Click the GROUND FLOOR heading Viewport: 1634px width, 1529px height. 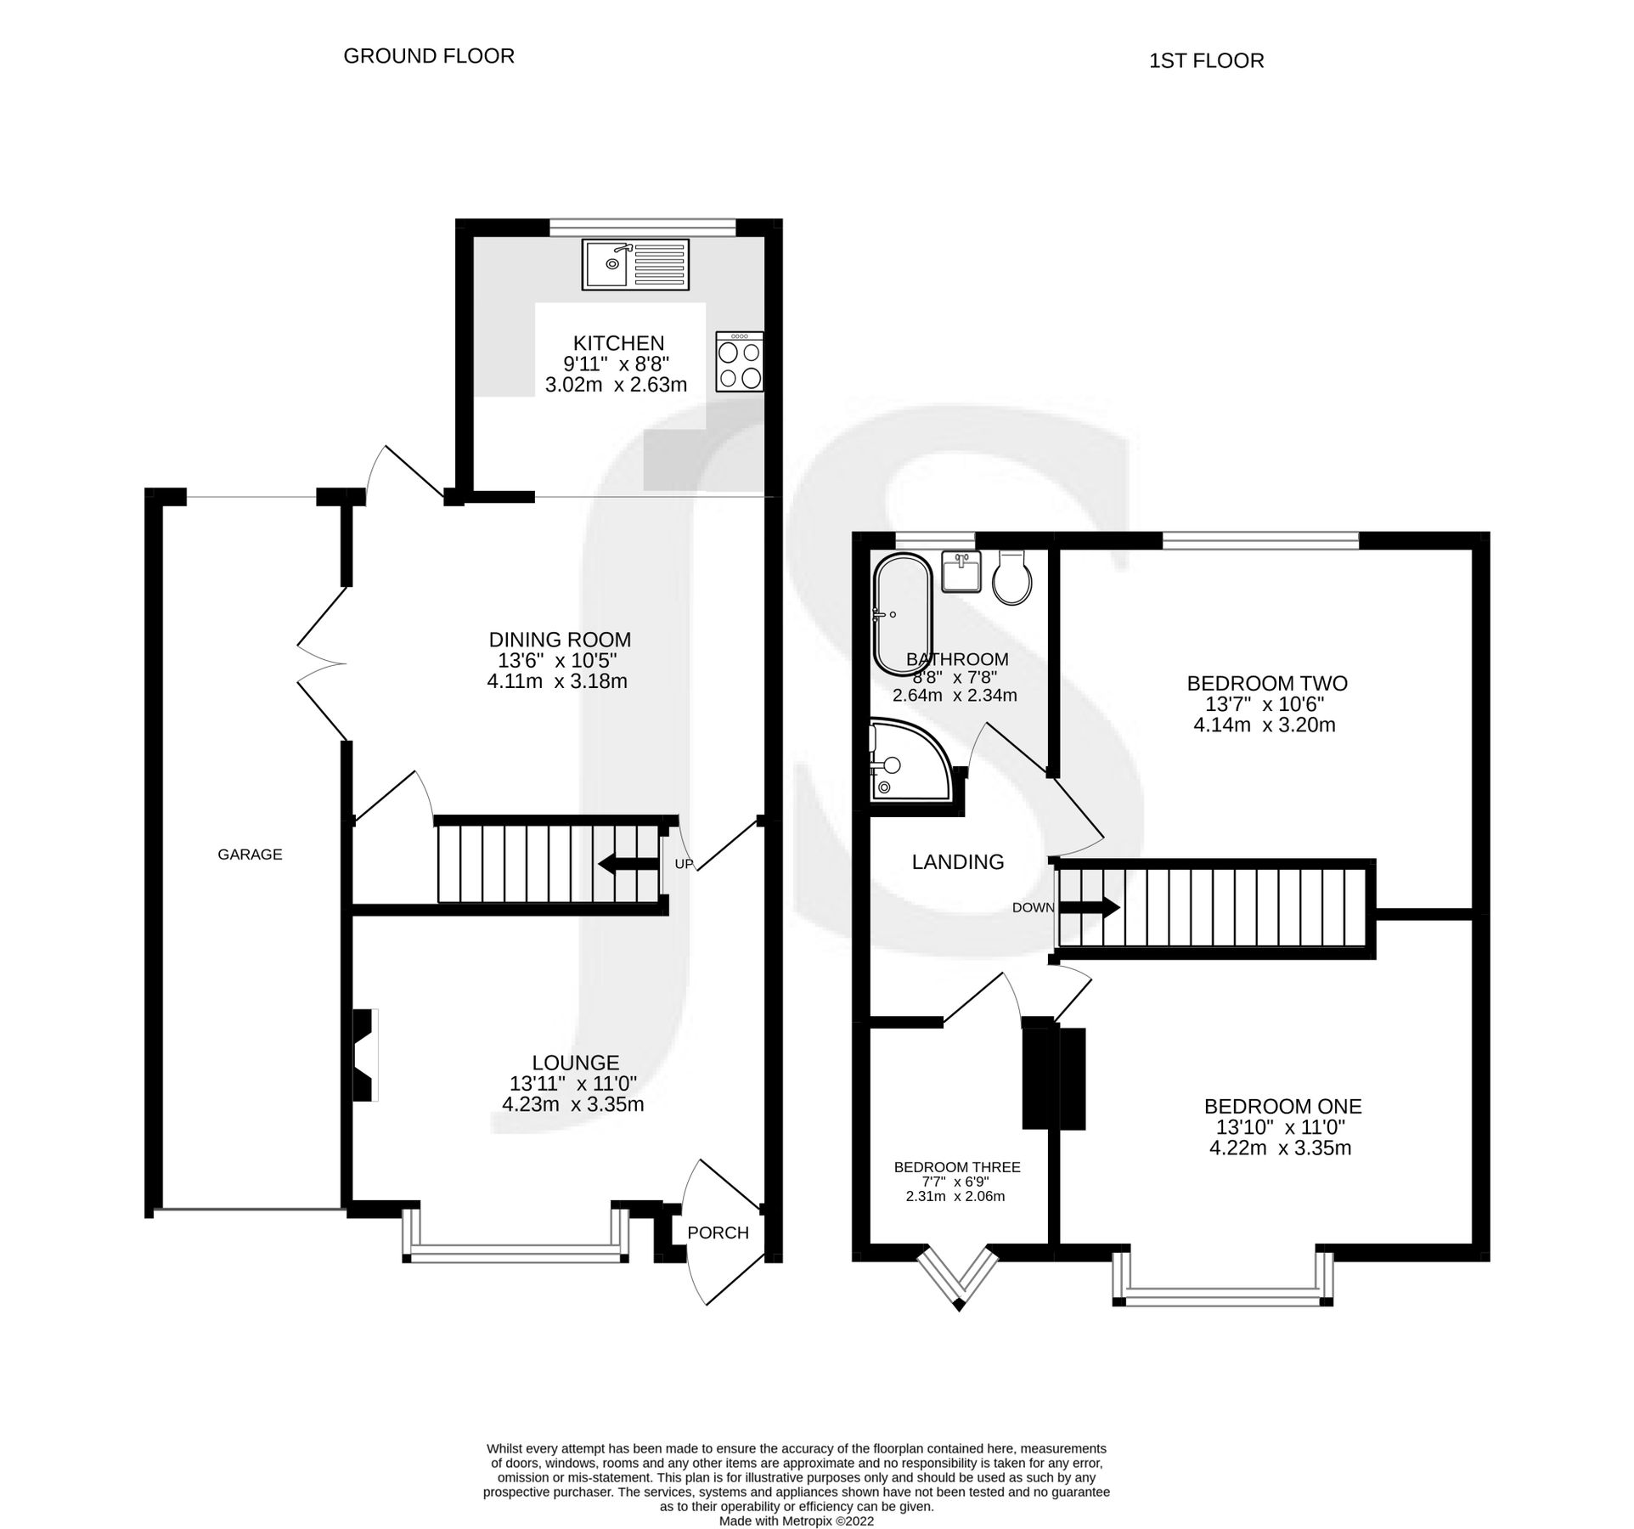[x=429, y=56]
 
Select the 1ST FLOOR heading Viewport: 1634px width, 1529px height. [x=1206, y=61]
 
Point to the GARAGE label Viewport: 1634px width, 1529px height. [x=250, y=855]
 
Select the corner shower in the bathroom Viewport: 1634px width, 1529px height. [x=905, y=762]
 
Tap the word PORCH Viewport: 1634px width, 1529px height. [x=718, y=1233]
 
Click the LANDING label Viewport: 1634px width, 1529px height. [x=958, y=862]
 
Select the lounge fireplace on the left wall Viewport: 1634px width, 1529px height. [x=366, y=1055]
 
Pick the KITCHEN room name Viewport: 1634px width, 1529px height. [x=618, y=343]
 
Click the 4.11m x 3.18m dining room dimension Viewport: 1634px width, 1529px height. [x=557, y=680]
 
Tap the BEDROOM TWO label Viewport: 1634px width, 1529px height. [x=1267, y=683]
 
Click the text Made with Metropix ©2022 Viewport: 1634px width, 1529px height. [x=796, y=1521]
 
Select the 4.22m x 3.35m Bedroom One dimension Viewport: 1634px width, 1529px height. [x=1281, y=1148]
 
